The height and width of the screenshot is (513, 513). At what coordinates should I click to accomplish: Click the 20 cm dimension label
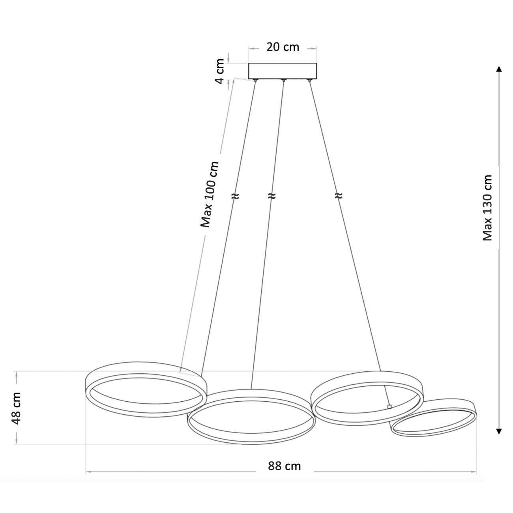coord(283,47)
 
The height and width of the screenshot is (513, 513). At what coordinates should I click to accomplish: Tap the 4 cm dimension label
coord(220,71)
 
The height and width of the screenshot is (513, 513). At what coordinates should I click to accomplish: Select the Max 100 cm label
coord(210,194)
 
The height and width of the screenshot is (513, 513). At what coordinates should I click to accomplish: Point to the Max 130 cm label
coord(487,208)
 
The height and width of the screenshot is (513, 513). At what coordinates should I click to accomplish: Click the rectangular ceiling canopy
coord(283,71)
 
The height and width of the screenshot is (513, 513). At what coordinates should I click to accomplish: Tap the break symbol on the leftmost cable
coord(235,196)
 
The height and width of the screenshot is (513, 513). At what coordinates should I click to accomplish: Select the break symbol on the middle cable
coord(271,196)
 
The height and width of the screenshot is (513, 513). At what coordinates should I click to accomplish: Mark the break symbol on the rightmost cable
coord(338,196)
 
